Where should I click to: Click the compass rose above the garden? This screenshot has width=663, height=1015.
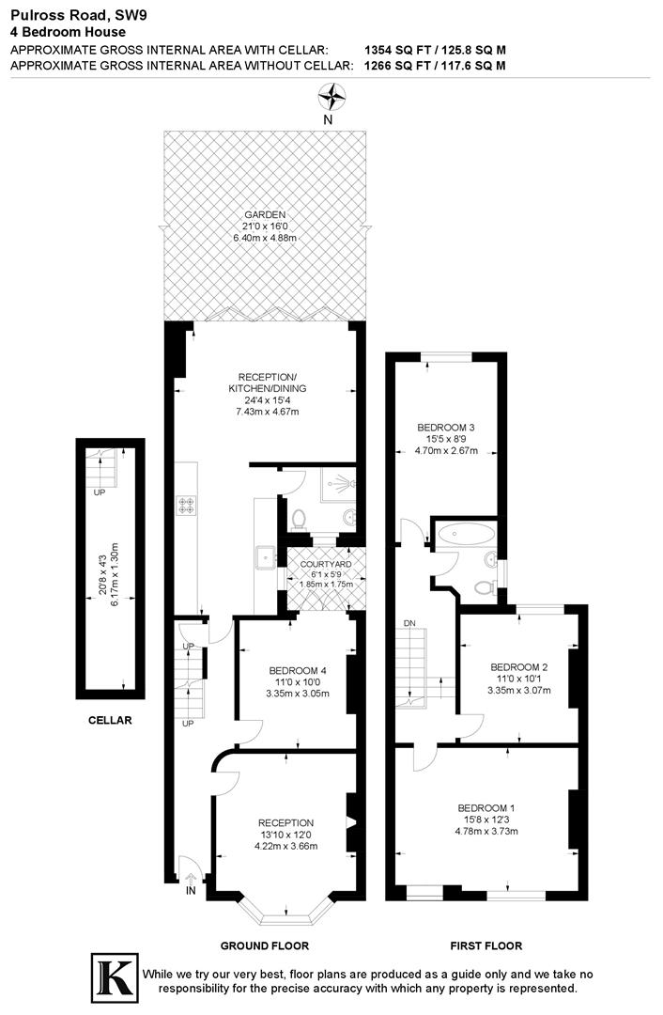click(x=331, y=95)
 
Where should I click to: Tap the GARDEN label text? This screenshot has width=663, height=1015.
click(x=264, y=214)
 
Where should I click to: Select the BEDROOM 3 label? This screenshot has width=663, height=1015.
click(x=446, y=427)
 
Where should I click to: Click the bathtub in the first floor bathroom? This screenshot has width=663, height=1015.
click(x=464, y=535)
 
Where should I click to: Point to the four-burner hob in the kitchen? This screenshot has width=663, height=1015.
click(x=185, y=506)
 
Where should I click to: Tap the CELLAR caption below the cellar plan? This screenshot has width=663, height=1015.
click(x=111, y=721)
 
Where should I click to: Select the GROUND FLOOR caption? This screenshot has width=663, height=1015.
click(x=264, y=945)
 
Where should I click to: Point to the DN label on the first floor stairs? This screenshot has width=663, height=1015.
click(x=409, y=623)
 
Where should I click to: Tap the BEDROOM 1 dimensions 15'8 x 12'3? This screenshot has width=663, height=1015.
click(x=486, y=820)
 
